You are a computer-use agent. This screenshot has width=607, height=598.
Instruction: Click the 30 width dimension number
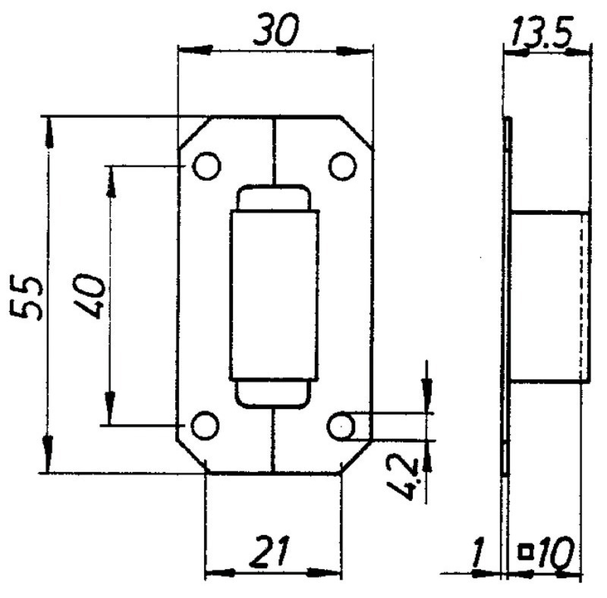[276, 30]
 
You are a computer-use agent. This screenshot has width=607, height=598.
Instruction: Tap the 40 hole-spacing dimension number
[89, 296]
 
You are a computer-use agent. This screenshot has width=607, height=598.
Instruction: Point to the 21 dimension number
[270, 550]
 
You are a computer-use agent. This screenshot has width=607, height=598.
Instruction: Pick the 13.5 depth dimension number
[541, 32]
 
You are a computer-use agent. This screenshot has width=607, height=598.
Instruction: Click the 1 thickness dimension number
[479, 552]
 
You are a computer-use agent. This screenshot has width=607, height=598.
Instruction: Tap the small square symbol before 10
[525, 552]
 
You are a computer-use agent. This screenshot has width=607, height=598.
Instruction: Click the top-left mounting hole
[206, 165]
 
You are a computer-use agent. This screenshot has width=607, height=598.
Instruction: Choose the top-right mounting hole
[343, 165]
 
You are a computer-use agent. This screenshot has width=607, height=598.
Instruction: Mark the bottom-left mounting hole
[205, 426]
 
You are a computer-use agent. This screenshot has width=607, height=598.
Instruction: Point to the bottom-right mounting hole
[341, 426]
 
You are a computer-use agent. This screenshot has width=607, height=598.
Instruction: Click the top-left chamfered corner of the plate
[195, 133]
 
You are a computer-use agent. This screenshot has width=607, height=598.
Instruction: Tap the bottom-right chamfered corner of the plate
[356, 457]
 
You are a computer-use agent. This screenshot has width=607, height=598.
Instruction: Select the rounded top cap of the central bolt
[274, 198]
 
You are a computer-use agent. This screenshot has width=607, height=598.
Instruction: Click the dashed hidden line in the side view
[580, 296]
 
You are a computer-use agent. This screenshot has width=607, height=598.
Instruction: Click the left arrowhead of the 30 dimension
[196, 50]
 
